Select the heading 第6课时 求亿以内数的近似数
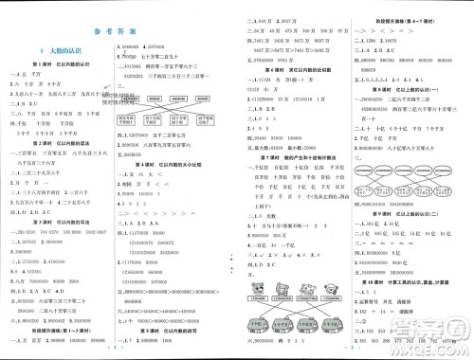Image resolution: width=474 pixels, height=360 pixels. click(x=294, y=69)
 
